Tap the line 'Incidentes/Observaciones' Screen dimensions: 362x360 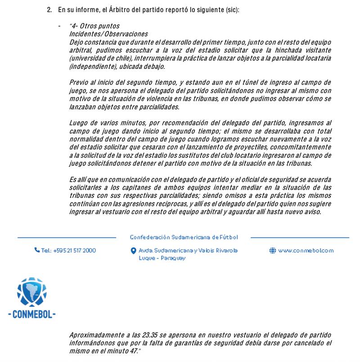(x=108, y=34)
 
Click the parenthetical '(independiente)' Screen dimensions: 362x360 (x=91, y=67)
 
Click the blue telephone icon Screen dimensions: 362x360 (x=37, y=250)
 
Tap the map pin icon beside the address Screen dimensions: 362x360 (x=133, y=251)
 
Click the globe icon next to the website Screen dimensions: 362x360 (x=273, y=250)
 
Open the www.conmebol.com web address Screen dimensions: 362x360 (x=306, y=250)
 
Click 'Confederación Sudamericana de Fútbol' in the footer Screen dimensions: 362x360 (x=184, y=237)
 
